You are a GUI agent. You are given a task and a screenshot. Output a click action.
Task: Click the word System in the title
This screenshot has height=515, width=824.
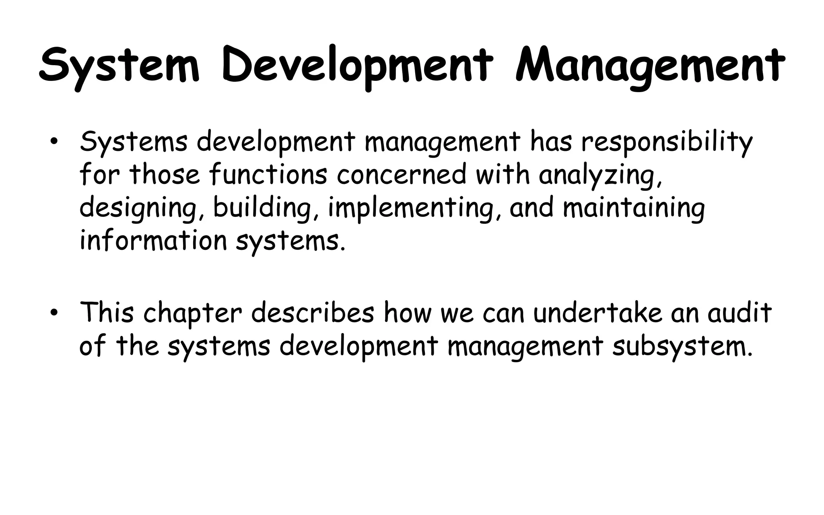click(119, 66)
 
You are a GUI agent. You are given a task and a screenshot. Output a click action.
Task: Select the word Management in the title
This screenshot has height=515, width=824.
click(649, 66)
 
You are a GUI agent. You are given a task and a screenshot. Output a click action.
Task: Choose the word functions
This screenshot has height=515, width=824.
click(268, 175)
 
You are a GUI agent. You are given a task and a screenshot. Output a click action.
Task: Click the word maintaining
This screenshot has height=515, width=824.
click(634, 208)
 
